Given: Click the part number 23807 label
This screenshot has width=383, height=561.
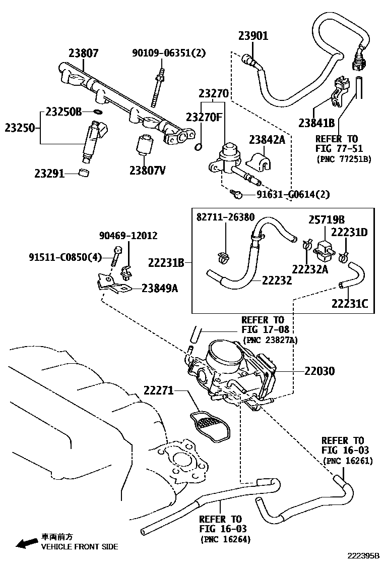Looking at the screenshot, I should click(x=84, y=52).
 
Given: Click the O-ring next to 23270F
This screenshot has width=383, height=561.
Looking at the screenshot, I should click(x=199, y=147).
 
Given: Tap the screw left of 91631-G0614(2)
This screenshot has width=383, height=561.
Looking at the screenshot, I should click(x=235, y=194).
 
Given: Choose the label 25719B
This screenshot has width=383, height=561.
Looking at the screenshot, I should click(x=327, y=220).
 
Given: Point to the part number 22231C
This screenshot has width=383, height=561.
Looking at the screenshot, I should click(x=349, y=303).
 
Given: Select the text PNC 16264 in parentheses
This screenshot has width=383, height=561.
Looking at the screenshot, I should click(x=225, y=539).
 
